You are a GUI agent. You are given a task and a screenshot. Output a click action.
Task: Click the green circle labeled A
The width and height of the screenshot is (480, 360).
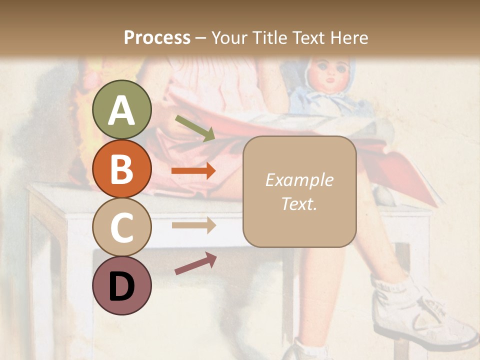[x=122, y=109]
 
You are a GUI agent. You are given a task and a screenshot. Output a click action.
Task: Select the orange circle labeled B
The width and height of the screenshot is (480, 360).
[x=122, y=168]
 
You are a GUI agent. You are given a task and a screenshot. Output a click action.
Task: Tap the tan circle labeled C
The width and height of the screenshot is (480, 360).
[x=122, y=227]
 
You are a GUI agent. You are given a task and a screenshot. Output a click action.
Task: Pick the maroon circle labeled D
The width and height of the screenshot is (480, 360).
[x=122, y=285]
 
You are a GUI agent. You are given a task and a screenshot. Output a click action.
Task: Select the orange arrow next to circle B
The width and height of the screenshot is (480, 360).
[x=193, y=171]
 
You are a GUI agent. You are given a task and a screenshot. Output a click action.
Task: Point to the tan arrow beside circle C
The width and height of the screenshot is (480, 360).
[x=193, y=225]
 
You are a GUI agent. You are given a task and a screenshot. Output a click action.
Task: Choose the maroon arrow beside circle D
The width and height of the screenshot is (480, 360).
[x=195, y=263]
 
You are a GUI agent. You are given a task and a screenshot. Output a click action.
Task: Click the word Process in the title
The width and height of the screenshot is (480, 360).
[x=157, y=37]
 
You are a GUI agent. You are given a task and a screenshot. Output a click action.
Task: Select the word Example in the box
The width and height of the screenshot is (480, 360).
[x=299, y=180]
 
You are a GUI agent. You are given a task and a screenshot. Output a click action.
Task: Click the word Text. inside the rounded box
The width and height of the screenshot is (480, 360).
[x=299, y=203]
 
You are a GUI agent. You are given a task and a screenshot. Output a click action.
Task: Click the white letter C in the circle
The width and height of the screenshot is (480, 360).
[x=122, y=227]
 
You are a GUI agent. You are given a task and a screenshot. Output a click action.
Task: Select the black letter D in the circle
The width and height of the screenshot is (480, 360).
[x=122, y=286]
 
